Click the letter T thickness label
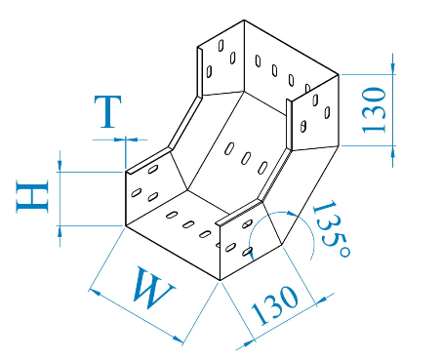click(x=108, y=111)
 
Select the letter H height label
click(x=32, y=197)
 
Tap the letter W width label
click(x=152, y=287)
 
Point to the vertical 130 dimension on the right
click(x=374, y=110)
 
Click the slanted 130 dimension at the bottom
click(x=275, y=304)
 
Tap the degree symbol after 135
click(x=344, y=252)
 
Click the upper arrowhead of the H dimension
click(x=60, y=167)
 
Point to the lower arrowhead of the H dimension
click(x=60, y=230)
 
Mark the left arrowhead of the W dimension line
click(x=94, y=292)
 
